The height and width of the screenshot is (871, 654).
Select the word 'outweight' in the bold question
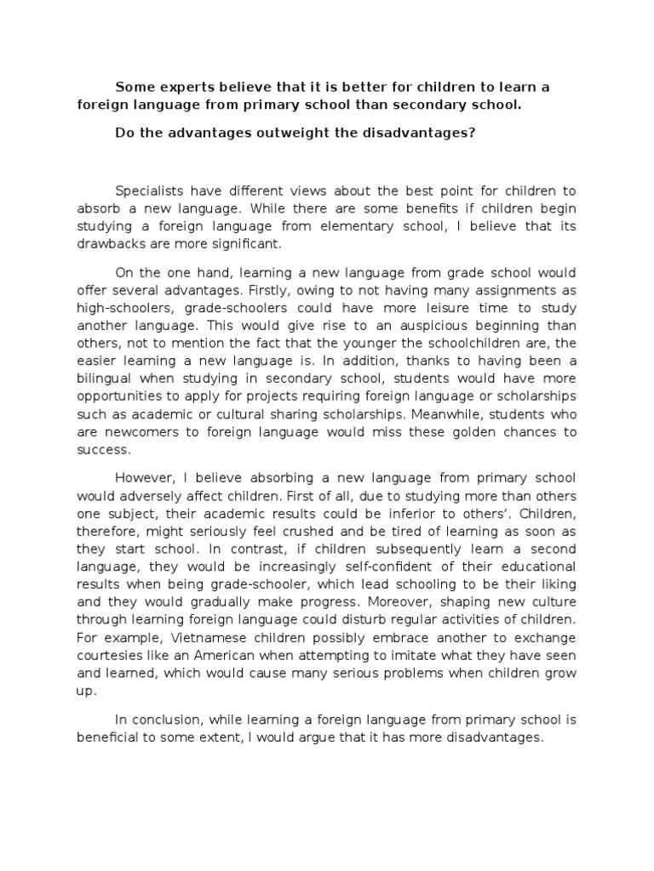(x=297, y=134)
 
